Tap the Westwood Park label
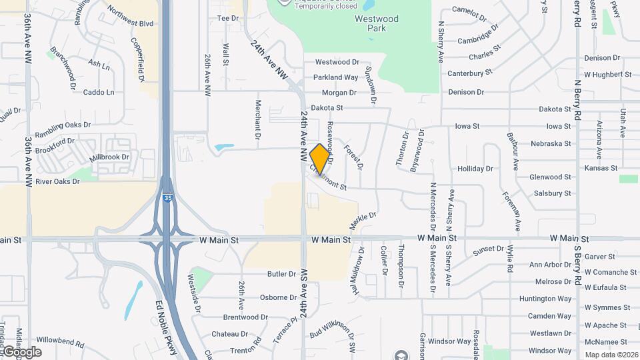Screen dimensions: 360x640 pos(377,24)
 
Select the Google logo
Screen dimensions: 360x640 pos(22,352)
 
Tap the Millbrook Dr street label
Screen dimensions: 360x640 pos(109,157)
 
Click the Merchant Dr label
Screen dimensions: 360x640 pos(257,120)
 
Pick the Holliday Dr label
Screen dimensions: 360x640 pos(475,169)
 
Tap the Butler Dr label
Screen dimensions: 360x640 pos(281,274)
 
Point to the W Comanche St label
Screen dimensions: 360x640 pos(610,272)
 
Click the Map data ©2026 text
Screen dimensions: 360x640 pos(611,355)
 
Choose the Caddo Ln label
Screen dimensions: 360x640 pos(99,92)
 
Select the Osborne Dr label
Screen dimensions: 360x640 pos(273,297)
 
